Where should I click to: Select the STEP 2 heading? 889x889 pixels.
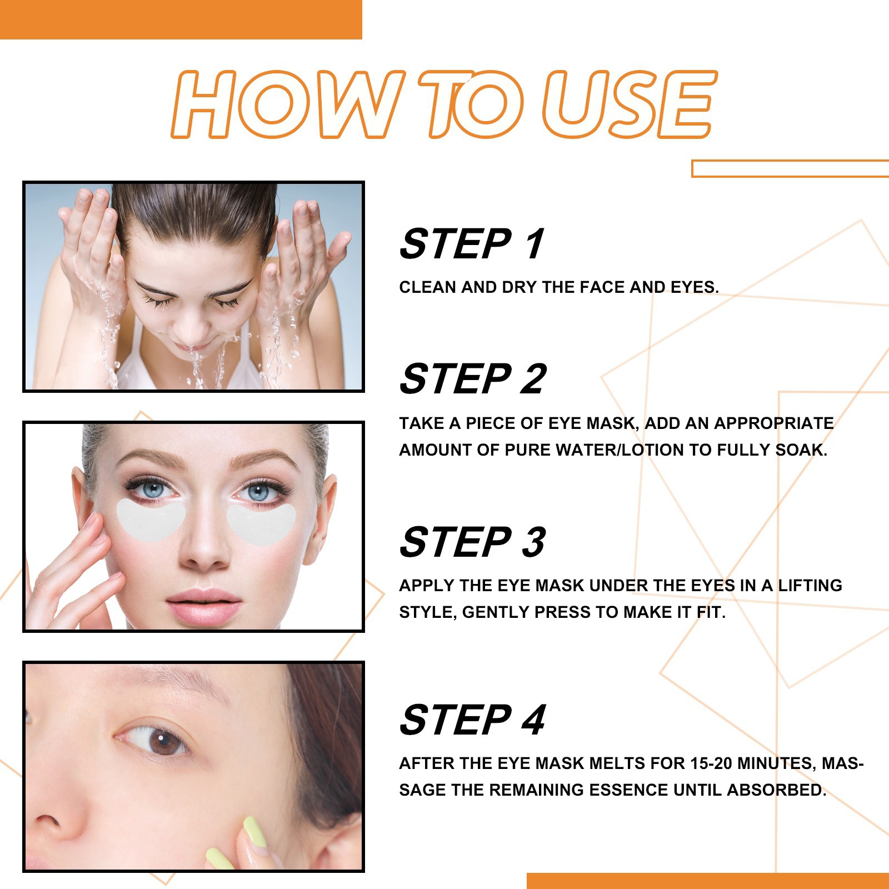473,379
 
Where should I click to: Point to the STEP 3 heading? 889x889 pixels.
472,542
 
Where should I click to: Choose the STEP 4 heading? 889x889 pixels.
472,720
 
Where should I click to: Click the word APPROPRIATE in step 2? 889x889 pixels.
773,423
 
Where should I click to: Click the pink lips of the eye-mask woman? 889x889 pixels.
204,602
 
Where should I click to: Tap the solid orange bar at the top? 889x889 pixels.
181,19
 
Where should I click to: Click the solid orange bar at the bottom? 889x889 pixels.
708,881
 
